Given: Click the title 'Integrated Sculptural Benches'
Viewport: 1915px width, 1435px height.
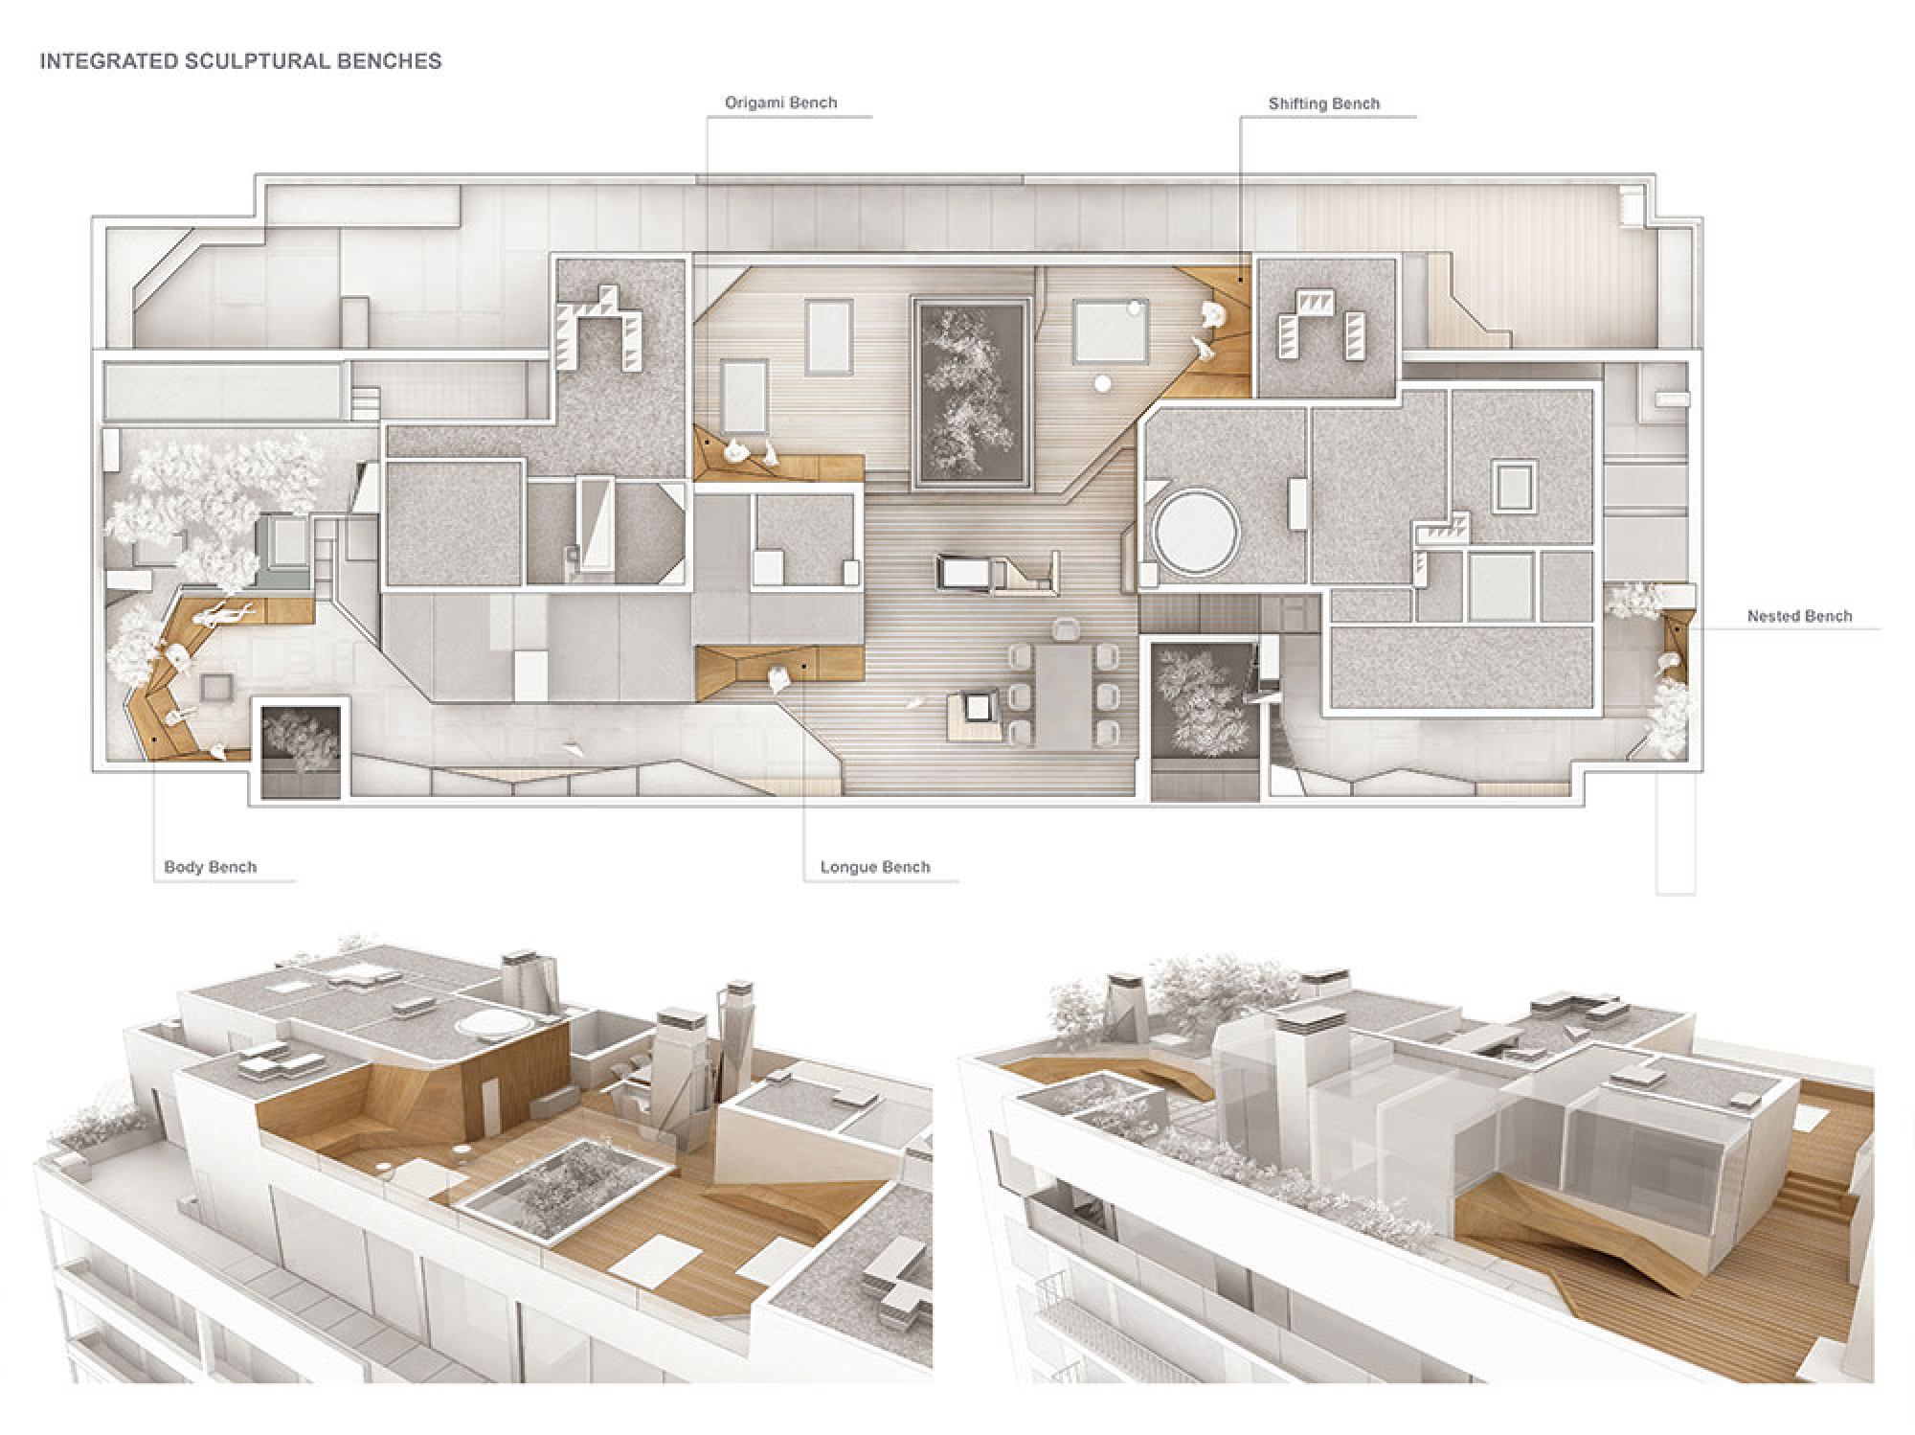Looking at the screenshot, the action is tap(240, 61).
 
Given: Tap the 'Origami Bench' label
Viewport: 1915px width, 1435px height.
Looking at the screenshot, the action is tap(780, 102).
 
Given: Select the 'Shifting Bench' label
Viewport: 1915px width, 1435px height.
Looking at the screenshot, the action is tap(1324, 103).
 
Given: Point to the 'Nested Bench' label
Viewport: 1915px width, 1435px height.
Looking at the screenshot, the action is tap(1799, 616).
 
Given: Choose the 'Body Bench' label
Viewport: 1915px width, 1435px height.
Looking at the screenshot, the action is tap(211, 867).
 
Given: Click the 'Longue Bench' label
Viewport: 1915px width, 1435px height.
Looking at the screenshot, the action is tap(875, 867).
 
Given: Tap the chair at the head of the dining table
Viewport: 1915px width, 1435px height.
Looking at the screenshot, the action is tap(1065, 628).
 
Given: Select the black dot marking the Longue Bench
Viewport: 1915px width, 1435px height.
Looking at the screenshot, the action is tap(805, 666).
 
